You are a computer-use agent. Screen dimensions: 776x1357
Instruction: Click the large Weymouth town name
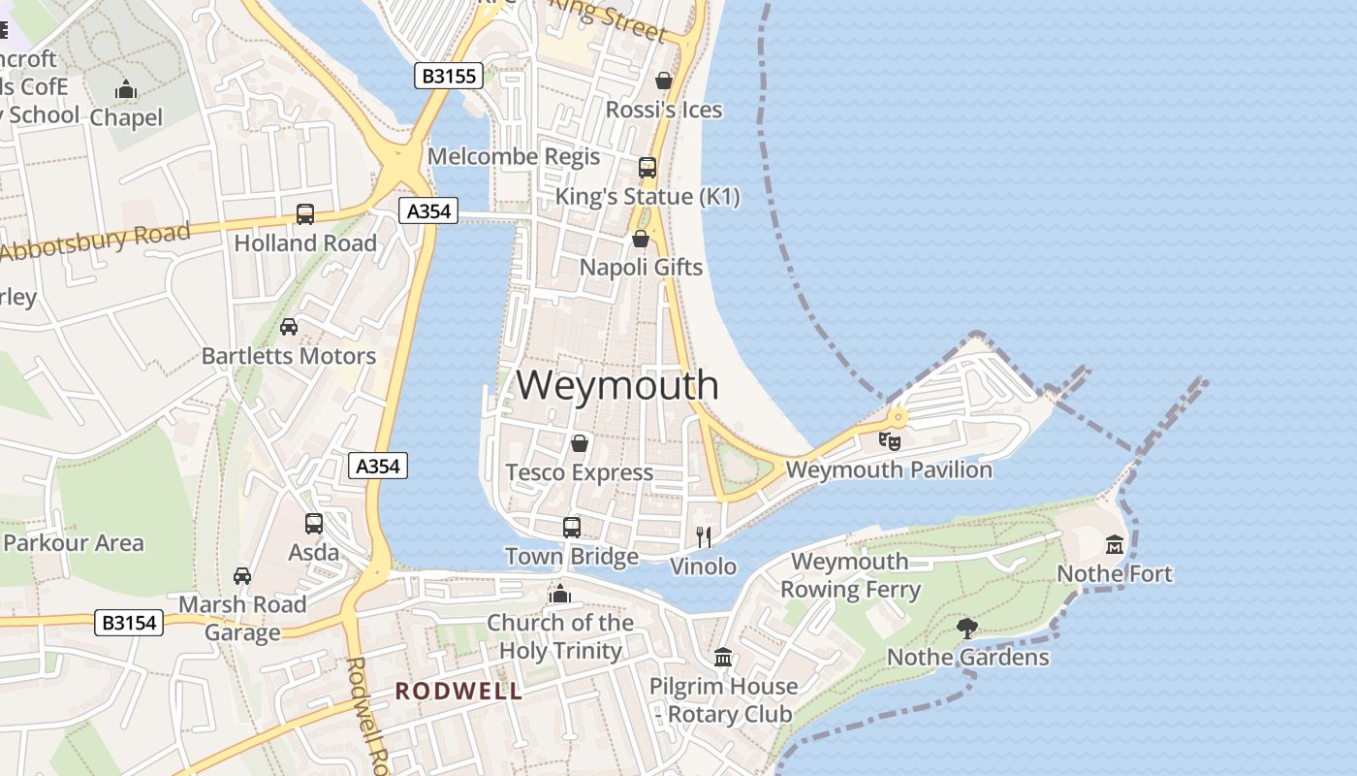point(617,385)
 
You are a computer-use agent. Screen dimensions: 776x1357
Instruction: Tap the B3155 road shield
point(449,76)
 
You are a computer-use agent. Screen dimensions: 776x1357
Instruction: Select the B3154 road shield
point(129,623)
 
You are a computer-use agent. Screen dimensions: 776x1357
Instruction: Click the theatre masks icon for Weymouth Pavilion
point(889,441)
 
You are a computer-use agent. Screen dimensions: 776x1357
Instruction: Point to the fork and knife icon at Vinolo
point(705,536)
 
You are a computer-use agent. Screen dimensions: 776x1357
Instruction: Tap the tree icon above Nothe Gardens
point(966,628)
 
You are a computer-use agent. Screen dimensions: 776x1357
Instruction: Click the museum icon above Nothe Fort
point(1114,544)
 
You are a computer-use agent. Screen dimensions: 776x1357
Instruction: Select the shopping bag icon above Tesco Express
point(580,443)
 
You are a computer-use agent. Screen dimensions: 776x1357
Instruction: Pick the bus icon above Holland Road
point(305,213)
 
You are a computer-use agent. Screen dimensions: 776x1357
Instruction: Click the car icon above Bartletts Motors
point(289,326)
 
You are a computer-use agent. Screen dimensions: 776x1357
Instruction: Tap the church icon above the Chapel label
point(126,90)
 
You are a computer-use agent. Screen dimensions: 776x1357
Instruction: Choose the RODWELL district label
point(458,692)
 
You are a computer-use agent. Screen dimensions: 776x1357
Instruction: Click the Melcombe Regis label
point(514,156)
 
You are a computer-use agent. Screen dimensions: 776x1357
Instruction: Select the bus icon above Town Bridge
point(572,527)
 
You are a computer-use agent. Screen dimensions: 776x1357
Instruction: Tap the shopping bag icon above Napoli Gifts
point(641,239)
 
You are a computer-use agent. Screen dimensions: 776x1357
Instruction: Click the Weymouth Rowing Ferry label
point(850,575)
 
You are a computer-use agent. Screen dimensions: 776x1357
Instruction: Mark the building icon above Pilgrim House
point(723,658)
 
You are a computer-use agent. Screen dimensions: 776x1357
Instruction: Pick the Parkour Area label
point(74,542)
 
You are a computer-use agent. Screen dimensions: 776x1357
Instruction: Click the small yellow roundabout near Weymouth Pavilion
point(899,418)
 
